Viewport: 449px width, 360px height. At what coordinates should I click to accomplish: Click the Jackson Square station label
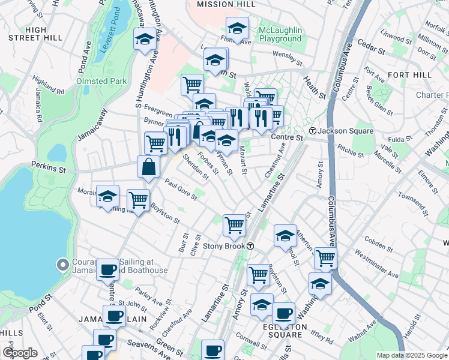(345, 131)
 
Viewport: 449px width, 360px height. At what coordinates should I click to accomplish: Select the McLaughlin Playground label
(280, 35)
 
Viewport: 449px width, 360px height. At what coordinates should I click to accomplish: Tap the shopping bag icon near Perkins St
(148, 167)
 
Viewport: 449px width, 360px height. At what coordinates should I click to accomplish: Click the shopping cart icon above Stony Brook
(234, 226)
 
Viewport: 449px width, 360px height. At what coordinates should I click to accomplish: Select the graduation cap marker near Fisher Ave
(237, 28)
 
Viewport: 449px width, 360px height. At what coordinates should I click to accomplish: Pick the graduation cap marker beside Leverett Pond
(144, 41)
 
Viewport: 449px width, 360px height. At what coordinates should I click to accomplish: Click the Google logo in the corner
(20, 353)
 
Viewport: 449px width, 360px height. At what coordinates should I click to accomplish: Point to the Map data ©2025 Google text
(412, 355)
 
